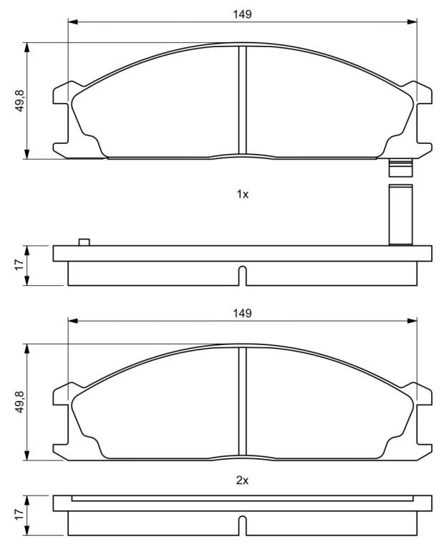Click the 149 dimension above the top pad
(x=242, y=14)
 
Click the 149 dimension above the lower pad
(x=242, y=313)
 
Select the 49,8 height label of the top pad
(x=19, y=101)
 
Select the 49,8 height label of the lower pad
(x=19, y=402)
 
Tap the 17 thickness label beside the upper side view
(x=19, y=264)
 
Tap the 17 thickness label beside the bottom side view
(x=19, y=514)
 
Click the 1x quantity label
(x=242, y=194)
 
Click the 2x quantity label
(x=242, y=481)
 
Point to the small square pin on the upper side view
(x=85, y=242)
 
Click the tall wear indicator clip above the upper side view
(x=400, y=214)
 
